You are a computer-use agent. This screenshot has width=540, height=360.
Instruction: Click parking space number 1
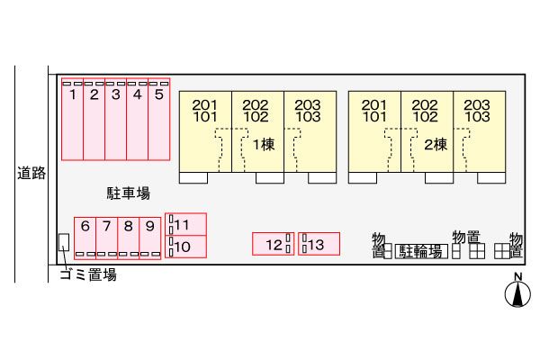point(72,119)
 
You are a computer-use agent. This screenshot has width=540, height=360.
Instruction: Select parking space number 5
point(159,119)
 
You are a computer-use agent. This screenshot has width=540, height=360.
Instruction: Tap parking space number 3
point(116,119)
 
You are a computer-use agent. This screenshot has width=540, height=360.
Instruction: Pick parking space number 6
point(85,238)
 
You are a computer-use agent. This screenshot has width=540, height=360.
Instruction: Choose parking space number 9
point(149,238)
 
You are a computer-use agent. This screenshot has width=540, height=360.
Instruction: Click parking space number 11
point(185,224)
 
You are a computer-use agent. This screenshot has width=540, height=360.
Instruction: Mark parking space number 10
point(185,247)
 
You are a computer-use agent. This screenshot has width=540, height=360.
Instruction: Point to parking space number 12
point(273,244)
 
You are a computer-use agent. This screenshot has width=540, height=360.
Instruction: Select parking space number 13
point(319,244)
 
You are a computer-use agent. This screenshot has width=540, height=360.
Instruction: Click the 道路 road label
point(31,173)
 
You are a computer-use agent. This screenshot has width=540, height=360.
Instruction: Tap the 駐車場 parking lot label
point(128,193)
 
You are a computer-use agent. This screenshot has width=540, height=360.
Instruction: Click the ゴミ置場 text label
point(88,274)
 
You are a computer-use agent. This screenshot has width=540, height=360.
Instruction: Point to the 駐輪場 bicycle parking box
point(421,251)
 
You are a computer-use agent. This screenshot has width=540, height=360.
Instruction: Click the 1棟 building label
point(264,145)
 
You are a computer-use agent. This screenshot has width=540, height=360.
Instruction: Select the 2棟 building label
point(436,145)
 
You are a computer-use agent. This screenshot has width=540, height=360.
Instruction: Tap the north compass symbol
point(517,294)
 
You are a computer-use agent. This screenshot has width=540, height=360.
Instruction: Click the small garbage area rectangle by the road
point(64,242)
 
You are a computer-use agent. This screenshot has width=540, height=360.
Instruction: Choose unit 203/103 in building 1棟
point(310,131)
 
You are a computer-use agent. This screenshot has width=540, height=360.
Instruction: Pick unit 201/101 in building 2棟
point(374,131)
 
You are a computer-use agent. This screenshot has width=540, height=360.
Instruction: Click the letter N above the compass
point(518,276)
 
